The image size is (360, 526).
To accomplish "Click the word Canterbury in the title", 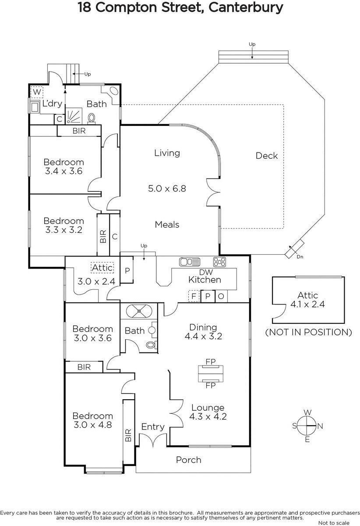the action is click(246, 7).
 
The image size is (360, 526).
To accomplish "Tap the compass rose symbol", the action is click(307, 426).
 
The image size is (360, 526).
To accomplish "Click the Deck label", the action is click(267, 156).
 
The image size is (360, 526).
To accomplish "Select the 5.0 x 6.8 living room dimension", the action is click(167, 188).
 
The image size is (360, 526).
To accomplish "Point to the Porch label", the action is click(189, 460).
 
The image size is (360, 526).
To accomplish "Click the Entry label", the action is click(153, 426).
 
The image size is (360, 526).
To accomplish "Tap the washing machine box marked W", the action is click(37, 92).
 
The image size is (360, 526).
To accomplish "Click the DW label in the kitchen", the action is click(206, 272).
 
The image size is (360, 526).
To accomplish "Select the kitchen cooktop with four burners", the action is click(219, 262).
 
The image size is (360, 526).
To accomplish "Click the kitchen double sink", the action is click(190, 262).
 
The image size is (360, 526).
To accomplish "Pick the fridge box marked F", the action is click(194, 296).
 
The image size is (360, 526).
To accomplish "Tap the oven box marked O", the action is click(221, 296).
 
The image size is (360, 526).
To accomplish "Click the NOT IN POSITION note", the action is click(308, 332).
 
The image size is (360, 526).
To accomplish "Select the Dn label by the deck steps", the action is click(300, 257).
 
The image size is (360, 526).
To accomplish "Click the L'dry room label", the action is click(52, 103).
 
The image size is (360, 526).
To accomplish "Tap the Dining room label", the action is click(203, 327).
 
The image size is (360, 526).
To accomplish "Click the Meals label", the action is click(167, 225).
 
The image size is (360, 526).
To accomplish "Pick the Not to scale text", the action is click(334, 522).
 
